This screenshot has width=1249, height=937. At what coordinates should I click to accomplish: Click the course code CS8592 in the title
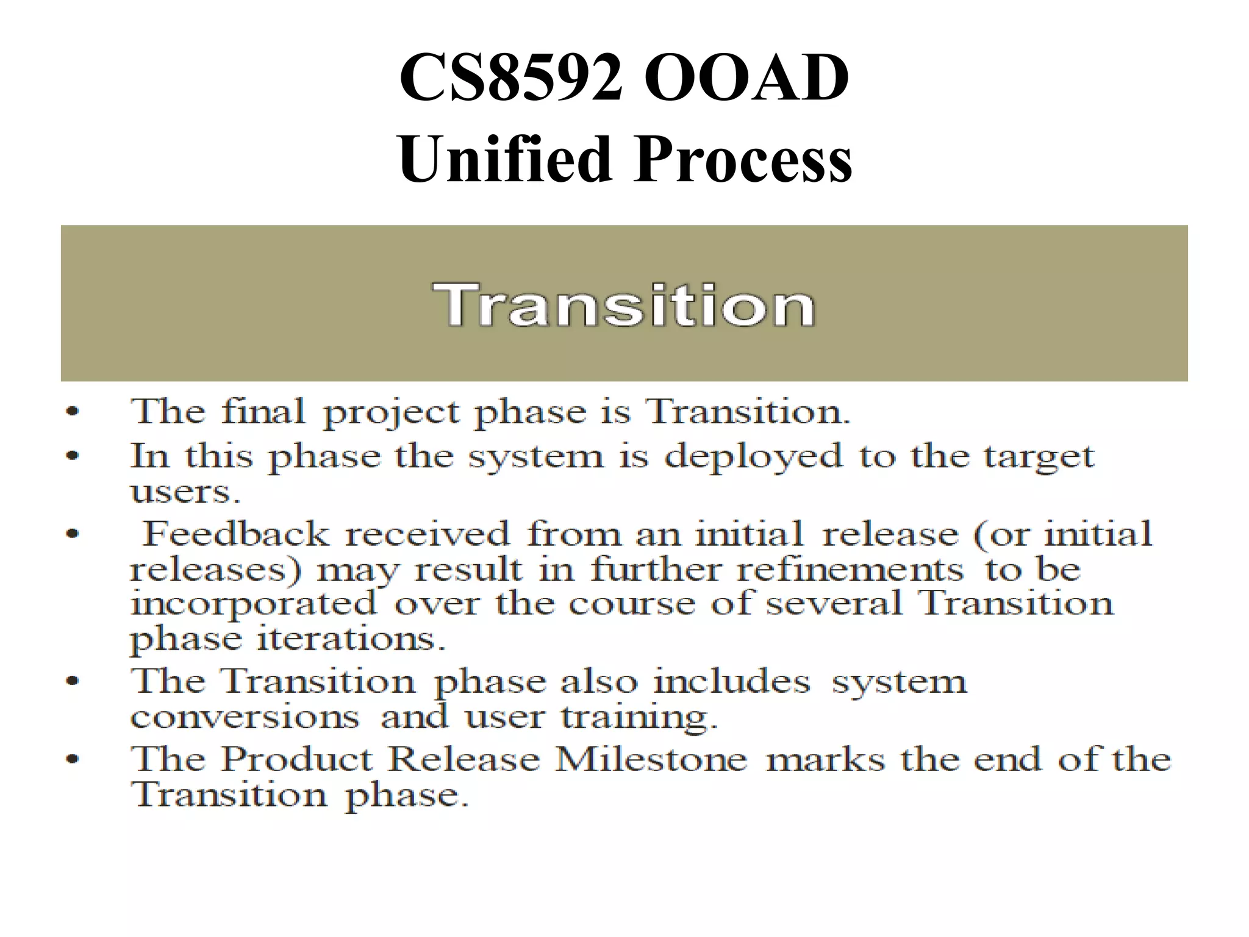click(x=511, y=78)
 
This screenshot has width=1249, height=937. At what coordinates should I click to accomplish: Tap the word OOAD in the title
click(x=746, y=78)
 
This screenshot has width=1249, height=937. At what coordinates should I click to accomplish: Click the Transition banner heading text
click(x=623, y=305)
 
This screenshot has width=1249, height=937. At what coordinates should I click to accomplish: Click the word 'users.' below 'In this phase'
click(x=185, y=492)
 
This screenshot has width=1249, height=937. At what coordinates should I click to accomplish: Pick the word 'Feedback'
click(x=235, y=534)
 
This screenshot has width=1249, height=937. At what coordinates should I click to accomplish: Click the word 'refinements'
click(x=850, y=570)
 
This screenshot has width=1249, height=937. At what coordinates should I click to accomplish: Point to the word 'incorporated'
click(x=254, y=605)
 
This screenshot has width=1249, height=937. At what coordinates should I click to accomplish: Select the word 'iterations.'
click(x=351, y=639)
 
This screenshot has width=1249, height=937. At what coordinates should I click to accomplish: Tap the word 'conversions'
click(x=245, y=717)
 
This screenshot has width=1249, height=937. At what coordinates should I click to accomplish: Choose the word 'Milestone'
click(x=651, y=760)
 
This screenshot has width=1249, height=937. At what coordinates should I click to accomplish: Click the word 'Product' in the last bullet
click(x=296, y=760)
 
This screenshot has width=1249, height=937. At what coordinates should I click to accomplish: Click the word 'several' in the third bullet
click(x=834, y=604)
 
